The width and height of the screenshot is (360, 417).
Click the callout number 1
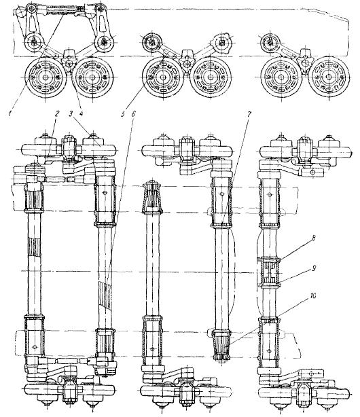[x=10, y=113]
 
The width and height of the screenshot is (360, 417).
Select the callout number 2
[x=56, y=113]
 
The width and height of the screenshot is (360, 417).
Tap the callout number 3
[x=71, y=113]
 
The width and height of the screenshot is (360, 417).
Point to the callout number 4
[x=81, y=113]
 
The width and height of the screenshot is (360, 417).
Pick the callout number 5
[x=123, y=114]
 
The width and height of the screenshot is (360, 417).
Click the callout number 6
[x=134, y=114]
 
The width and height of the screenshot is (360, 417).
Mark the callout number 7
[x=249, y=114]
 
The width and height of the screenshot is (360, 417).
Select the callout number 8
[x=314, y=238]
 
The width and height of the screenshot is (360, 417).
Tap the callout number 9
[x=314, y=268]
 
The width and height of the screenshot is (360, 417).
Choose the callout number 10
[x=313, y=296]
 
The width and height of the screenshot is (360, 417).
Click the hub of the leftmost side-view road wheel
[x=46, y=77]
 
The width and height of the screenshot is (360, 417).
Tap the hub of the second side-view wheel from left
[x=92, y=77]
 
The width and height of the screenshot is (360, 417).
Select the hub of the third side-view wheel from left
[x=162, y=77]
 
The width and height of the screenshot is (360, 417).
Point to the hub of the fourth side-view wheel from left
[x=211, y=77]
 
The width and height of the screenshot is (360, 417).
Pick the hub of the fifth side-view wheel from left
[x=281, y=77]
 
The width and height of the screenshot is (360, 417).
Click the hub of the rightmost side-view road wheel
[x=329, y=77]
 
